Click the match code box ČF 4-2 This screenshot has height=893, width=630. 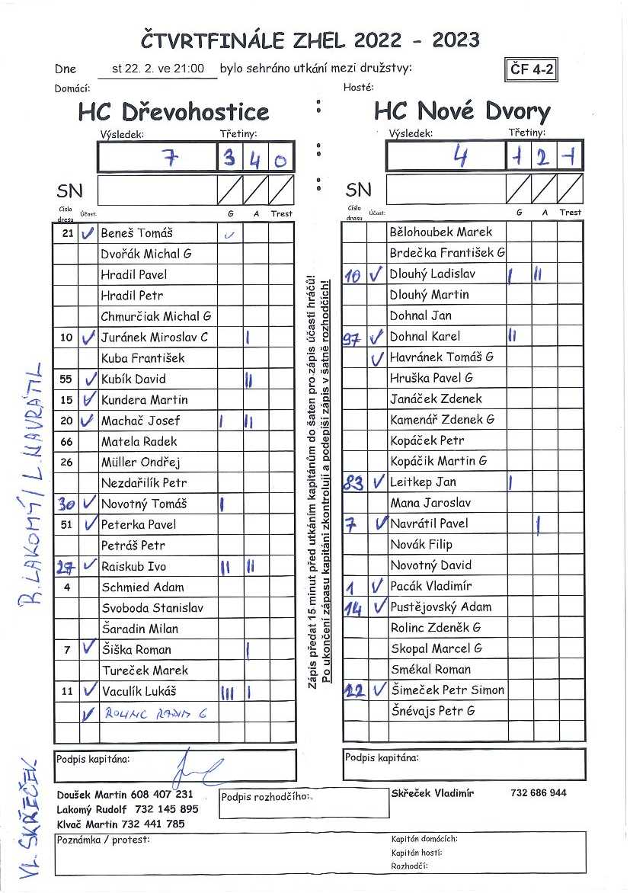(x=532, y=69)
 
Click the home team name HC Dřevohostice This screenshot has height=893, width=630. (x=174, y=112)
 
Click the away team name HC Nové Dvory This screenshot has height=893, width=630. (x=462, y=112)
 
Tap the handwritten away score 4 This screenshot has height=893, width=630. (x=460, y=157)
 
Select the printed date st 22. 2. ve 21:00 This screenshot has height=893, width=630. (x=158, y=69)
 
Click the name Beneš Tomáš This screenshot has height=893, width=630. (x=137, y=233)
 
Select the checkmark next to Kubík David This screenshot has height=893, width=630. (x=89, y=379)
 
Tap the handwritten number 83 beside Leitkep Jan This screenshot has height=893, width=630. (x=353, y=482)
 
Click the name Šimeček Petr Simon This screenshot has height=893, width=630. (x=446, y=690)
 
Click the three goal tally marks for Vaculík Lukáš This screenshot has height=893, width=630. (x=228, y=691)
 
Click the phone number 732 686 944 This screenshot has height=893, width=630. (x=539, y=793)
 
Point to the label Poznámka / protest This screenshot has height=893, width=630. (x=104, y=840)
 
